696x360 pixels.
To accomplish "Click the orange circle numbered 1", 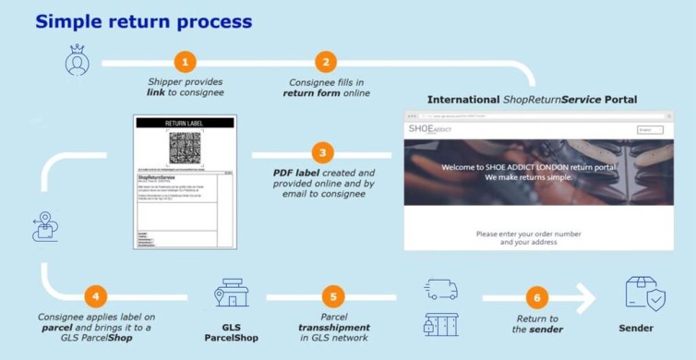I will [186, 62].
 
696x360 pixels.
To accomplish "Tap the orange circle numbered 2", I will [325, 62].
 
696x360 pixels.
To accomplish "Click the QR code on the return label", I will [185, 148].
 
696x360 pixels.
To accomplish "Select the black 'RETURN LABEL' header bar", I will [185, 122].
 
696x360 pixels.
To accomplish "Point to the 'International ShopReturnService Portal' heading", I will [532, 99].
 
